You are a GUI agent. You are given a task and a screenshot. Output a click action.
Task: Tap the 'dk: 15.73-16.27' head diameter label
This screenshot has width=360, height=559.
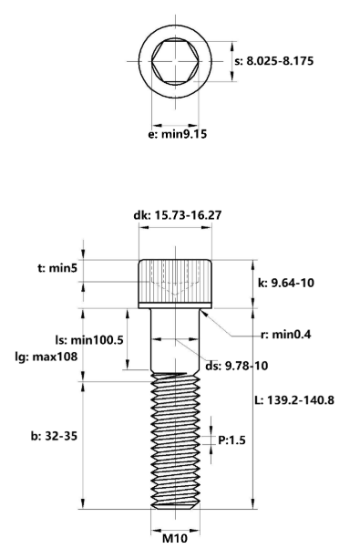177,216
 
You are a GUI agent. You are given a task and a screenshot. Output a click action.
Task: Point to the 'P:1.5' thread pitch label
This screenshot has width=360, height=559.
231,440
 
